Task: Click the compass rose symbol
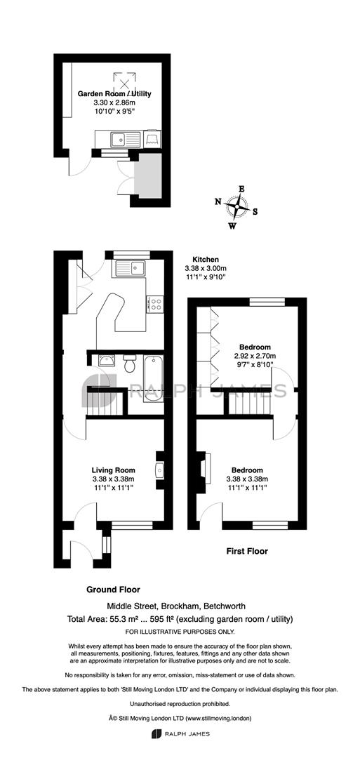(237, 207)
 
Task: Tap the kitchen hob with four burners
(156, 304)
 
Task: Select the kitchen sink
(130, 267)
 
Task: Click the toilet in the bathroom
(130, 363)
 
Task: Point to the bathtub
(154, 378)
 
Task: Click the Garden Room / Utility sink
(125, 139)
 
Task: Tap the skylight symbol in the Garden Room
(124, 82)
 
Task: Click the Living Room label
(114, 470)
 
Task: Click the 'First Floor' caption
(248, 551)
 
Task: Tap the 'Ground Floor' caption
(113, 590)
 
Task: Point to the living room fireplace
(159, 470)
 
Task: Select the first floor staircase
(248, 403)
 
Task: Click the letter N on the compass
(218, 201)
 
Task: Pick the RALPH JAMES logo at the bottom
(180, 733)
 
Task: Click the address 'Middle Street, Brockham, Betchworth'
(176, 606)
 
